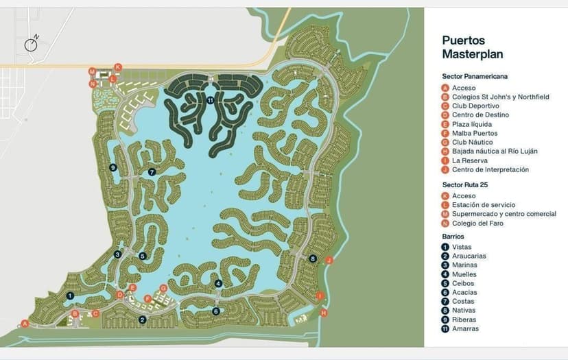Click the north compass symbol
[x=32, y=44]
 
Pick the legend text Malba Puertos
[x=475, y=133]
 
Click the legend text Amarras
[x=465, y=328]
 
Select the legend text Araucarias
[x=469, y=256]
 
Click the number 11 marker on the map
[x=210, y=100]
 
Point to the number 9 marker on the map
[x=113, y=167]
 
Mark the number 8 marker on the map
[x=313, y=259]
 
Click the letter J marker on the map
[x=329, y=260]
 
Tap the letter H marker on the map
[x=324, y=313]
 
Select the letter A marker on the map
[x=25, y=324]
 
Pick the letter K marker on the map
[x=118, y=67]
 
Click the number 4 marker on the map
[x=218, y=283]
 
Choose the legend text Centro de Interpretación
[x=490, y=169]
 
